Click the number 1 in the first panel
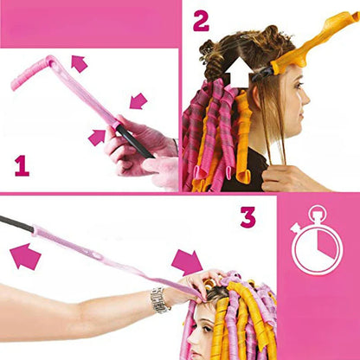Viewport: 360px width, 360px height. click(22, 164)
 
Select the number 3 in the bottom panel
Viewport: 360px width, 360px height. click(248, 216)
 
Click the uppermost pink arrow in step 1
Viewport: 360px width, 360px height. click(79, 62)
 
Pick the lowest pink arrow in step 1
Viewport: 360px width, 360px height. click(97, 137)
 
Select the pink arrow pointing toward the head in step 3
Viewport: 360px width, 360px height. click(187, 261)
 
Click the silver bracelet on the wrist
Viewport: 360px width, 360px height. click(159, 299)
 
